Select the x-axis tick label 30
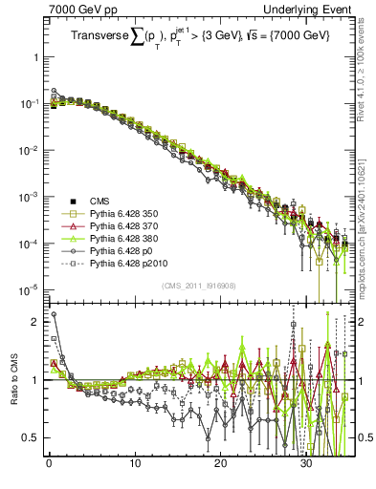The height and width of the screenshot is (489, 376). point(306,469)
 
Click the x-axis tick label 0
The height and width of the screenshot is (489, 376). point(49,469)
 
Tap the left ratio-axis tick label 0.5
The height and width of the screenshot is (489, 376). point(33,437)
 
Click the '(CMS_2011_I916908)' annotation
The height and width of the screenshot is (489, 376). point(201,286)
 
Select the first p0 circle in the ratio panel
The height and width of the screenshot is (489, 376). point(54,313)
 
